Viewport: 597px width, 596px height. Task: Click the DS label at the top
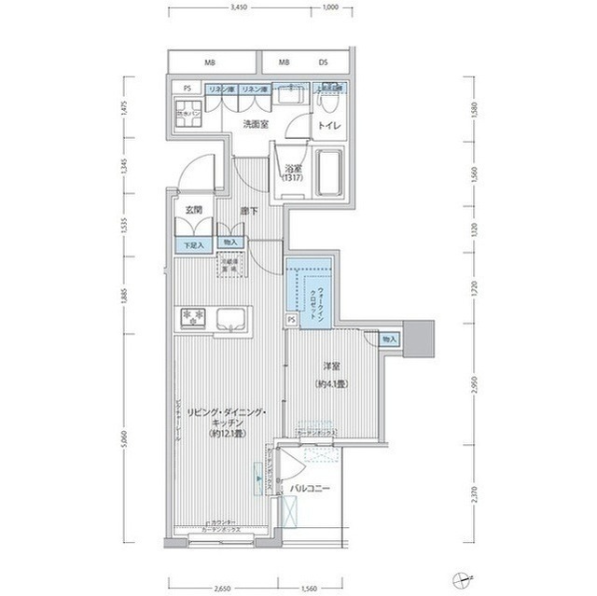point(323,62)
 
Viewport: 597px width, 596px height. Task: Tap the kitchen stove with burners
point(193,318)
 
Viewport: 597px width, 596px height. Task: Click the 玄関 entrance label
point(192,210)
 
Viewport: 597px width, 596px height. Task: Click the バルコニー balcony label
point(310,488)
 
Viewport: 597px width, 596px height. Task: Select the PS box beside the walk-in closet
point(291,319)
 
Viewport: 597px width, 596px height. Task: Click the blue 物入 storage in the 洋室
point(389,339)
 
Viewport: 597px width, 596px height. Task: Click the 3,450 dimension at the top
point(240,7)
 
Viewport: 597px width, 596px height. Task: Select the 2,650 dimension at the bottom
point(222,589)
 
